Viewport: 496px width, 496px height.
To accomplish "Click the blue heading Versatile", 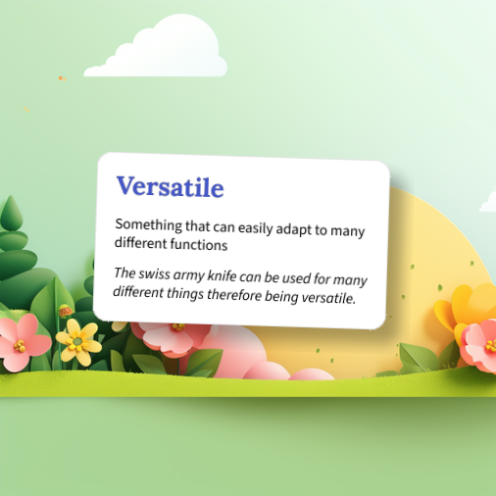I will [x=170, y=186].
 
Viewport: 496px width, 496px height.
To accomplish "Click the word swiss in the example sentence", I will [x=157, y=273].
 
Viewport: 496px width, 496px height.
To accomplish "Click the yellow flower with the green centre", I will [x=78, y=341].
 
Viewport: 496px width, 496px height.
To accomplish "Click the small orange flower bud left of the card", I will [x=66, y=311].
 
